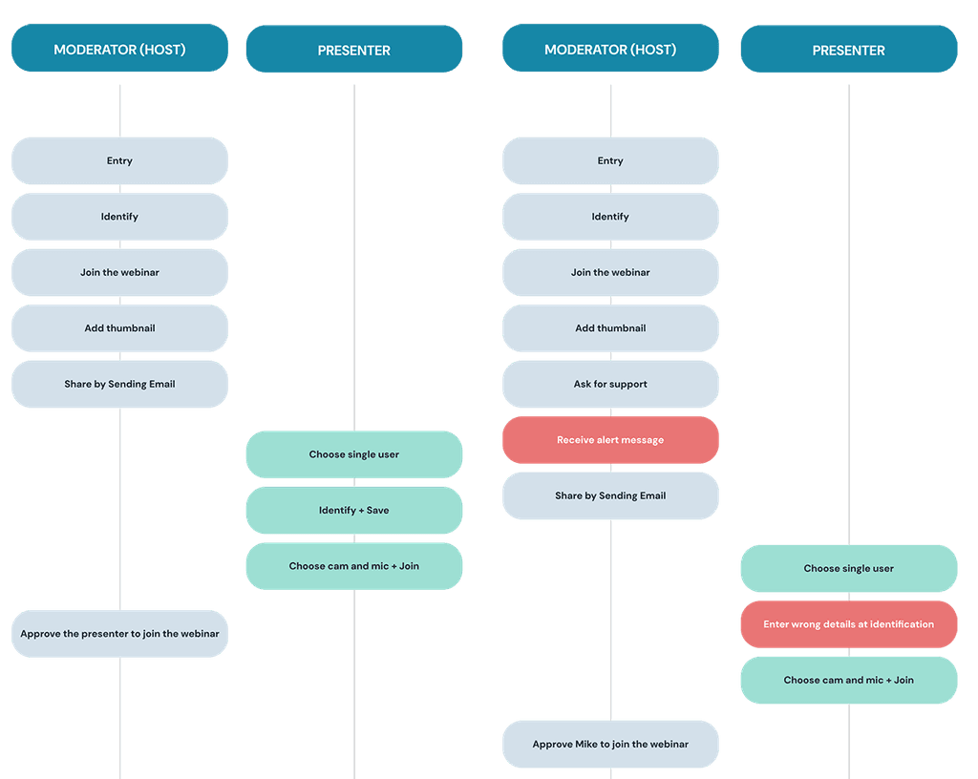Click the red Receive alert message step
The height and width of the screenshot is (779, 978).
[x=610, y=440]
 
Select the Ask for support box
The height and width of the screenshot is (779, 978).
[x=610, y=384]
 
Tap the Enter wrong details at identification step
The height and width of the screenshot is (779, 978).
[x=849, y=624]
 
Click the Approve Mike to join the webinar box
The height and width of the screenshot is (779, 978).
[x=610, y=744]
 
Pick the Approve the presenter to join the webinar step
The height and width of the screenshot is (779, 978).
[x=119, y=634]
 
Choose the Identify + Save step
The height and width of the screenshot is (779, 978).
[x=354, y=511]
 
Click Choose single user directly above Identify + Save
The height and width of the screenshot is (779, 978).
[x=354, y=454]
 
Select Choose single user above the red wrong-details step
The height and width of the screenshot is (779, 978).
[x=849, y=568]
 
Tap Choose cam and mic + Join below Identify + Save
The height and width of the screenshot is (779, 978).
[x=354, y=566]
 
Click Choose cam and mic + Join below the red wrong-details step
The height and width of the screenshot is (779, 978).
[x=849, y=680]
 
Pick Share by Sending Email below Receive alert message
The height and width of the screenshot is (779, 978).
[x=610, y=495]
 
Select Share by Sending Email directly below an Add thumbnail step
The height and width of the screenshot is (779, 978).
[x=119, y=384]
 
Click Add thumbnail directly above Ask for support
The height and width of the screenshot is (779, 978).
[x=610, y=328]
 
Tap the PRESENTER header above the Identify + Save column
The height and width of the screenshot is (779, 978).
[x=354, y=50]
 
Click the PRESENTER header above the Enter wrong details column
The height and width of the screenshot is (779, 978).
[x=849, y=50]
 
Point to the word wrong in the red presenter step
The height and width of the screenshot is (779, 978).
[x=806, y=624]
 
